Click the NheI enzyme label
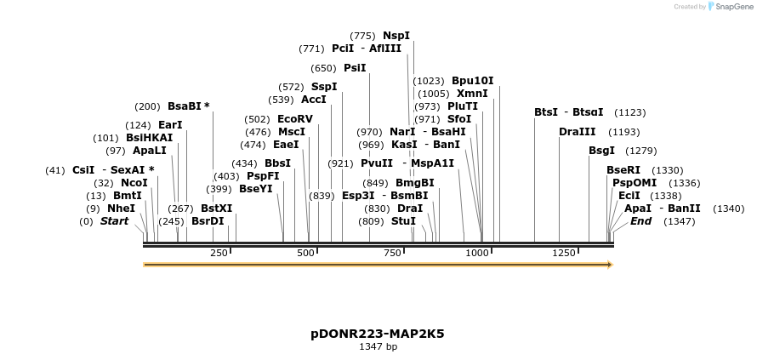pyautogui.click(x=121, y=208)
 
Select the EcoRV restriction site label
pyautogui.click(x=295, y=119)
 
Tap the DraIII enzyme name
pyautogui.click(x=578, y=132)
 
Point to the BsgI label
pyautogui.click(x=600, y=151)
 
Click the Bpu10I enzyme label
pyautogui.click(x=472, y=81)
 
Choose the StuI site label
pyautogui.click(x=404, y=221)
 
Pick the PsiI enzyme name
pyautogui.click(x=355, y=68)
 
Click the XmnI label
pyautogui.click(x=472, y=94)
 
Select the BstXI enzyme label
pyautogui.click(x=216, y=208)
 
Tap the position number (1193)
pyautogui.click(x=624, y=132)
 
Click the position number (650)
pyautogui.click(x=323, y=68)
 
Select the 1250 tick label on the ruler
pyautogui.click(x=565, y=253)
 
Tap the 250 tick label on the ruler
pyautogui.click(x=219, y=253)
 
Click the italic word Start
pyautogui.click(x=117, y=221)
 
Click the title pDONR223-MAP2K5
pyautogui.click(x=378, y=334)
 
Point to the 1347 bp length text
pyautogui.click(x=378, y=347)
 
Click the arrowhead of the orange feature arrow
pyautogui.click(x=609, y=265)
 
